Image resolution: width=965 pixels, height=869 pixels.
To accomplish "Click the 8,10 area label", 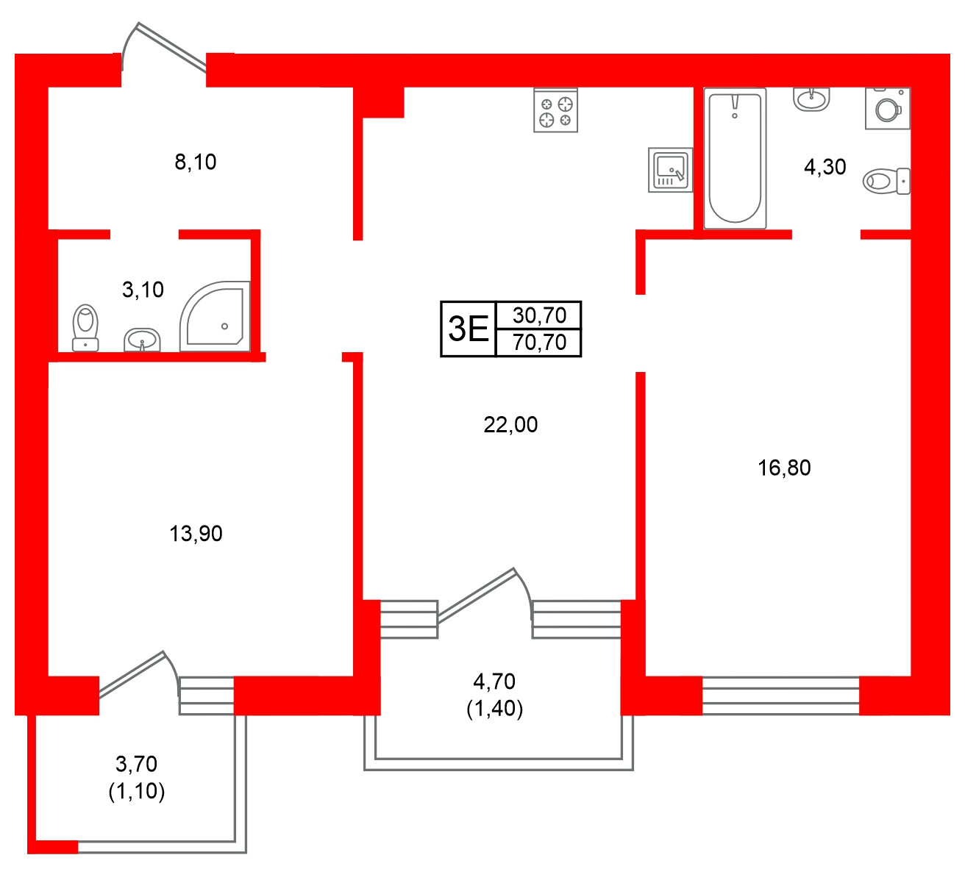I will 196,162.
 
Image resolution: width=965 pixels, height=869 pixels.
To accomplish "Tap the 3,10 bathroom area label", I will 143,290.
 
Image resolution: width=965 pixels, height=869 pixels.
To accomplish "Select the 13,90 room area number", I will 196,534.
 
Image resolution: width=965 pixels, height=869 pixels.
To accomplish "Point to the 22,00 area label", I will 510,424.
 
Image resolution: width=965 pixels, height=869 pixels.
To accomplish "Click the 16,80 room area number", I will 784,468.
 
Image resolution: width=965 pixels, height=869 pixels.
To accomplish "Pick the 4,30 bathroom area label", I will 825,167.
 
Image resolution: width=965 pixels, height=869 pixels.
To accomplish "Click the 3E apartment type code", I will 469,329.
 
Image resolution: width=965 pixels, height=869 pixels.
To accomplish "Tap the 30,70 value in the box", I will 539,315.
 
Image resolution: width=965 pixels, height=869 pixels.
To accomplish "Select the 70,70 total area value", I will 539,342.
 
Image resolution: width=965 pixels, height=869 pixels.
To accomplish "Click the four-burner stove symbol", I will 555,110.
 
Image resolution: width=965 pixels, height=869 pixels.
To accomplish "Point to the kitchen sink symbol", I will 670,170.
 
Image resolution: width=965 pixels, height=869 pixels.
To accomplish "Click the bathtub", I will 735,158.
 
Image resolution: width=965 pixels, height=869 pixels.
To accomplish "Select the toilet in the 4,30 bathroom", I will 886,180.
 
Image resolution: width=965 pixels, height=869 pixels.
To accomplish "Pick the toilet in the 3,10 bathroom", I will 86,328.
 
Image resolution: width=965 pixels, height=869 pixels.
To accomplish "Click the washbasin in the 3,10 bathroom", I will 142,340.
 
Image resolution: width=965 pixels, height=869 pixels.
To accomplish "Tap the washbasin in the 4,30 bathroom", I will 811,99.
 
